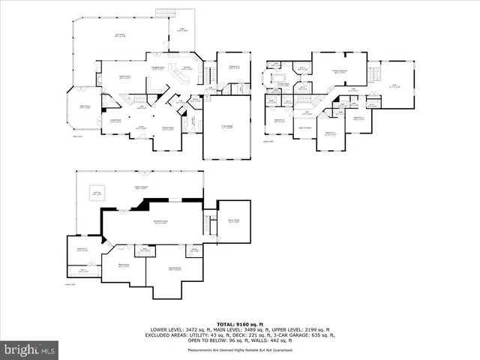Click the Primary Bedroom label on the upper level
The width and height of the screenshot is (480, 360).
[x=339, y=71]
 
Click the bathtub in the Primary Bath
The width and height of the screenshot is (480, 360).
[x=283, y=77]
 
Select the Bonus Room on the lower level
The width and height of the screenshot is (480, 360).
[x=233, y=220]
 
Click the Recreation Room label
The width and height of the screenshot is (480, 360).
[x=160, y=221]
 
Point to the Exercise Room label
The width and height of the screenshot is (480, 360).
[x=175, y=268]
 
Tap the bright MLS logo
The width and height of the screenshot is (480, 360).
[x=29, y=349]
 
